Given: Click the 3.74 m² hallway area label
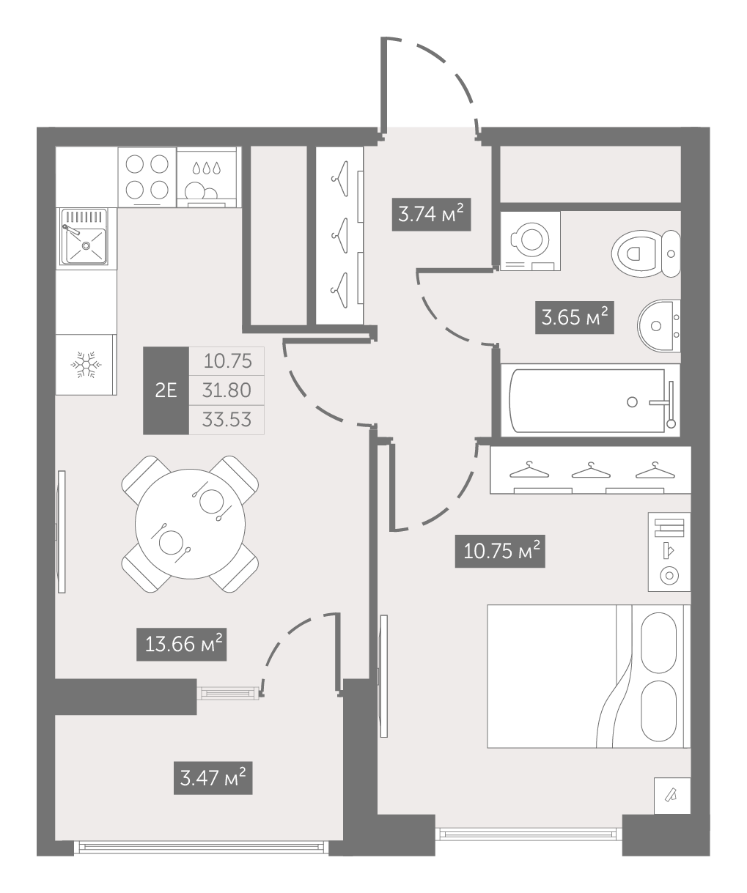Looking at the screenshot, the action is pos(431,214).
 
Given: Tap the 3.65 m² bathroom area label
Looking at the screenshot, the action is pos(575,317).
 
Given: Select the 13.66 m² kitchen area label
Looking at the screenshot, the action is pos(181,644).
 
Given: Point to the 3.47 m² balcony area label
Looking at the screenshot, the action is pos(213,778).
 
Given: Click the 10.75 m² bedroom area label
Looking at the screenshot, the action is pos(500,551).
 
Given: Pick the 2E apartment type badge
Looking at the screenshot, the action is pos(166,390).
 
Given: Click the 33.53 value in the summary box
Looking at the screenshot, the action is pos(227,420).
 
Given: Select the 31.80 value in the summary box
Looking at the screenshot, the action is pos(227,390).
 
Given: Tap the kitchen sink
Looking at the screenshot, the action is pos(84,237).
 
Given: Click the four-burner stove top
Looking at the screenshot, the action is pos(147,177).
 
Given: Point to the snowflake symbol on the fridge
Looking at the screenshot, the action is pos(86,365).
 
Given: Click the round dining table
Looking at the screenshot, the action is pos(190,524).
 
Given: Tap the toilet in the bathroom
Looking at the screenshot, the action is pos(646,253).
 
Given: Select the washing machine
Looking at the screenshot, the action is pos(531,241).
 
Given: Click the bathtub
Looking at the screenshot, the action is pos(590,400).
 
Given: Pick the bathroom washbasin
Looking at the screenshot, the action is pos(658,326).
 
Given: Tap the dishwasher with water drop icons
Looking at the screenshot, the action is pos(207,177).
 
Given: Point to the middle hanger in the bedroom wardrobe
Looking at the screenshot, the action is pos(591,471).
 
